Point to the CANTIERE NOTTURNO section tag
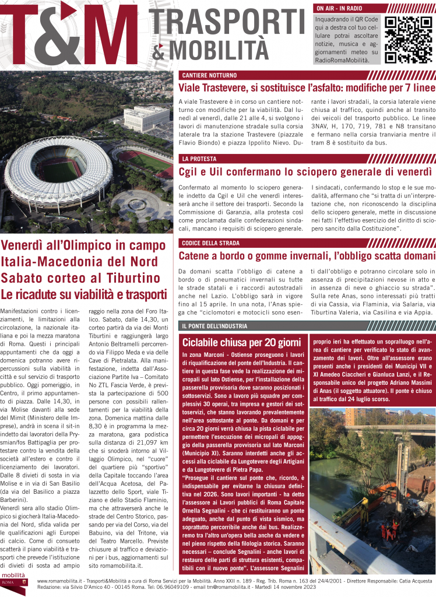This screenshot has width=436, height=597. pyautogui.click(x=209, y=75)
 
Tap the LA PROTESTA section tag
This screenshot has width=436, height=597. pyautogui.click(x=199, y=159)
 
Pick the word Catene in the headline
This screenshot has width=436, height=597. pyautogui.click(x=197, y=255)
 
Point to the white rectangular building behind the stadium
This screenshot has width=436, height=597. pyautogui.click(x=146, y=118)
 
